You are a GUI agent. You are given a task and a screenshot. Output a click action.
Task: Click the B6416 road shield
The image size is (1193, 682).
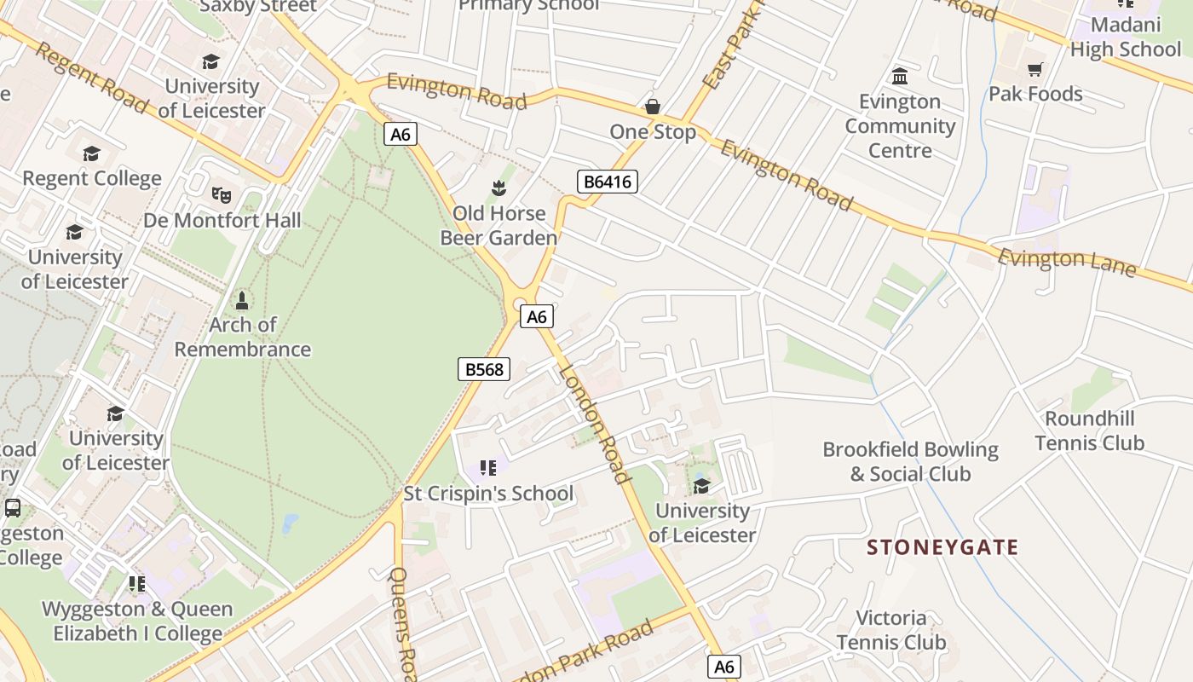click(x=607, y=181)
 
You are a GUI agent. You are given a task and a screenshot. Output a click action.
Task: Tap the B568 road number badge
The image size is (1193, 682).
click(x=483, y=369)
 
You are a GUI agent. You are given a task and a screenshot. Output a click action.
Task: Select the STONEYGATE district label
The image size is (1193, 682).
click(x=942, y=547)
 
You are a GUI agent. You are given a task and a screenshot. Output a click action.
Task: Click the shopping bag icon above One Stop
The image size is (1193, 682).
click(x=653, y=107)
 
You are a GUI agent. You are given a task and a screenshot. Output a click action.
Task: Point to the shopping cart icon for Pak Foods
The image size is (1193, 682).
click(x=1035, y=69)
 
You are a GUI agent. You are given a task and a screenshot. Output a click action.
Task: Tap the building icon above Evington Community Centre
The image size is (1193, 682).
click(x=900, y=77)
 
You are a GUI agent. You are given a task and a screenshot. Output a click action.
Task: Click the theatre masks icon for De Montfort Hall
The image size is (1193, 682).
click(x=222, y=194)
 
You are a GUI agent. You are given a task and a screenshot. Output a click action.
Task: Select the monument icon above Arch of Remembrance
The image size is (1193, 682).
click(x=242, y=300)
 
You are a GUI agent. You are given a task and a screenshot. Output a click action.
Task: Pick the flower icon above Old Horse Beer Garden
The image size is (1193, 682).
click(x=499, y=187)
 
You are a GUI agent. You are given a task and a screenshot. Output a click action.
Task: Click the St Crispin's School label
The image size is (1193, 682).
click(x=488, y=494)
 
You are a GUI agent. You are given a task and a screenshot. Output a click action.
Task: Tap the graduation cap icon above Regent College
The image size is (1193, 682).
click(x=91, y=153)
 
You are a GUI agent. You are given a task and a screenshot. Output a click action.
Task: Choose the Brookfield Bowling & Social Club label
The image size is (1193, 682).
click(x=910, y=461)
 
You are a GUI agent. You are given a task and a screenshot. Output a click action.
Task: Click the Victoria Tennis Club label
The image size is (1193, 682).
click(x=890, y=630)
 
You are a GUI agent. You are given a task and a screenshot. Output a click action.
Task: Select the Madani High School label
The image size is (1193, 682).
click(x=1125, y=38)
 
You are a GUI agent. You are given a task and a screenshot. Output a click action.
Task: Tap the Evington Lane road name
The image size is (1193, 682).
click(x=1066, y=262)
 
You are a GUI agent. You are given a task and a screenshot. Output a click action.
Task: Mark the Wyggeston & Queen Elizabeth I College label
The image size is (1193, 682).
click(x=137, y=621)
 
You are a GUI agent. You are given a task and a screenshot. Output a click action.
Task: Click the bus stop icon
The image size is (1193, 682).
click(x=13, y=508)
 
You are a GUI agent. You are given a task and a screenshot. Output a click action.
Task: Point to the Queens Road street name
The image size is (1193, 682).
click(x=402, y=618)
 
